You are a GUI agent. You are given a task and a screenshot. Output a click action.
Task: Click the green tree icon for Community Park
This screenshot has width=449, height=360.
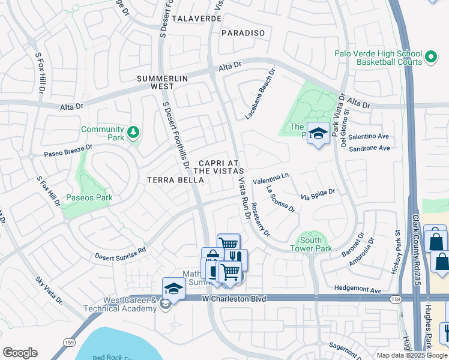coord(134,131)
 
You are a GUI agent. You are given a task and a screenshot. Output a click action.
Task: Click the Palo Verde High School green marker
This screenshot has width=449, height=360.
coord(430,57)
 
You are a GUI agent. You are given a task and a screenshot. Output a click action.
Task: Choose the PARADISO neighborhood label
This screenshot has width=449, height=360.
coord(243,33)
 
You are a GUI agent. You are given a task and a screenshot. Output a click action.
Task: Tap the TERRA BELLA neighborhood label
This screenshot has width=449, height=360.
coord(172,179)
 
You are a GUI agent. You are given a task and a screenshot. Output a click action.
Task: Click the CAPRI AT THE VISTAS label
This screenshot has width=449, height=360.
coord(220,167)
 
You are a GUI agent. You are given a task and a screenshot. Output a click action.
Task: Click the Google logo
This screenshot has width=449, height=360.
coord(20,352)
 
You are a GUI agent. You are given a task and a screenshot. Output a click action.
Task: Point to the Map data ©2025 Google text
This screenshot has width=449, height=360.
coord(411,355)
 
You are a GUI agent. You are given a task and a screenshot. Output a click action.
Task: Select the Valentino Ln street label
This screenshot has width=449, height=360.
coord(271,178)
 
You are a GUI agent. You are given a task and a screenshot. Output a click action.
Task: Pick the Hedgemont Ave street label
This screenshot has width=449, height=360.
coord(358,291)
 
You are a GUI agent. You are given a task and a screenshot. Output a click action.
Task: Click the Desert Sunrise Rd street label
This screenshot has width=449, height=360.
coord(120,253)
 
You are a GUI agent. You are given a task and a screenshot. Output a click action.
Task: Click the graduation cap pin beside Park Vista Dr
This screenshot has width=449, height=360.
coord(318,133)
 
